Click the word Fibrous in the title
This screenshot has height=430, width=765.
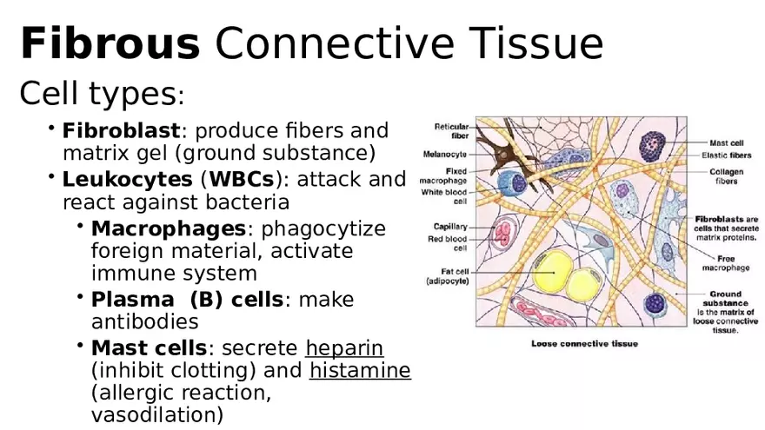point(110,43)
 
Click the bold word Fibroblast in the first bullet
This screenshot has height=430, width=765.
point(121,131)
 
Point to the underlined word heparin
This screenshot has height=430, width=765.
point(344,348)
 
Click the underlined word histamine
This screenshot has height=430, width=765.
point(360,371)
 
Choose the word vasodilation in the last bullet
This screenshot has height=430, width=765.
point(157,415)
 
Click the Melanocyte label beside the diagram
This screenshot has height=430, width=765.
point(445,155)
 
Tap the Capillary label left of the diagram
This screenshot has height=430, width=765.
point(449,227)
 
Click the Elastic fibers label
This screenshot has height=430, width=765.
point(726,155)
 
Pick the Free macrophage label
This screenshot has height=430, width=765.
point(725,263)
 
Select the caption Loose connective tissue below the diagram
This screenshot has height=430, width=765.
point(584,344)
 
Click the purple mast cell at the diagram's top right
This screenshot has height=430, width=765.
point(654,145)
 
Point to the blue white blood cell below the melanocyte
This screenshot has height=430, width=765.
point(518,183)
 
